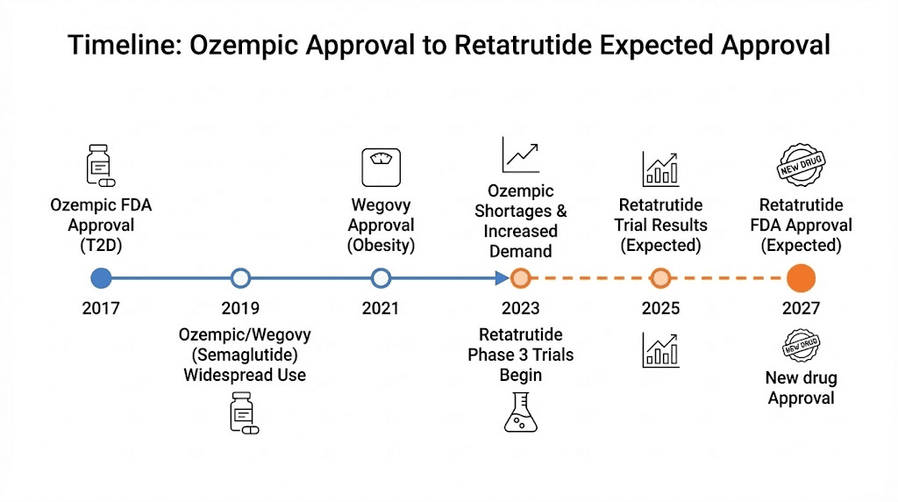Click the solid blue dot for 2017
[101, 278]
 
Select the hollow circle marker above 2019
[240, 278]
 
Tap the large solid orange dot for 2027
[801, 278]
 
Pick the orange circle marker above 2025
[660, 278]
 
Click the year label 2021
[380, 308]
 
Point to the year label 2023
[520, 308]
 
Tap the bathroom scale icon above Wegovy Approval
[381, 167]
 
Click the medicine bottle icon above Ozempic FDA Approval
[100, 167]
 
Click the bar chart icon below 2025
[660, 348]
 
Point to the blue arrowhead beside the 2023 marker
[502, 278]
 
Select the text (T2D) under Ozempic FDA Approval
[100, 245]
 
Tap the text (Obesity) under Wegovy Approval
[381, 245]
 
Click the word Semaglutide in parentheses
[245, 355]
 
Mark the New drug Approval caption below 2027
[802, 388]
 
